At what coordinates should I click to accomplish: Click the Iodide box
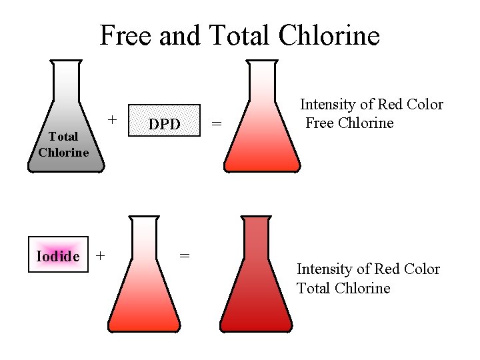point(58,255)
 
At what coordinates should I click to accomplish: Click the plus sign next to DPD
point(113,120)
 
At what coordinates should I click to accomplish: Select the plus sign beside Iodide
point(100,255)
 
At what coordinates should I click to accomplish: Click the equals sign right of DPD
point(216,123)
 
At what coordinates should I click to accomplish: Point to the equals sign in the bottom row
point(185,255)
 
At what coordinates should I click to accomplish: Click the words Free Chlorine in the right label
point(349,123)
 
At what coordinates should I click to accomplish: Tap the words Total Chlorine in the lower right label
point(343,288)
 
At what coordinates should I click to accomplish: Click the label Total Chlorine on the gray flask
point(63,144)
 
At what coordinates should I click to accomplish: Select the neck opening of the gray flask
point(65,62)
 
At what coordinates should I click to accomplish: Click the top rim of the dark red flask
point(256,217)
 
